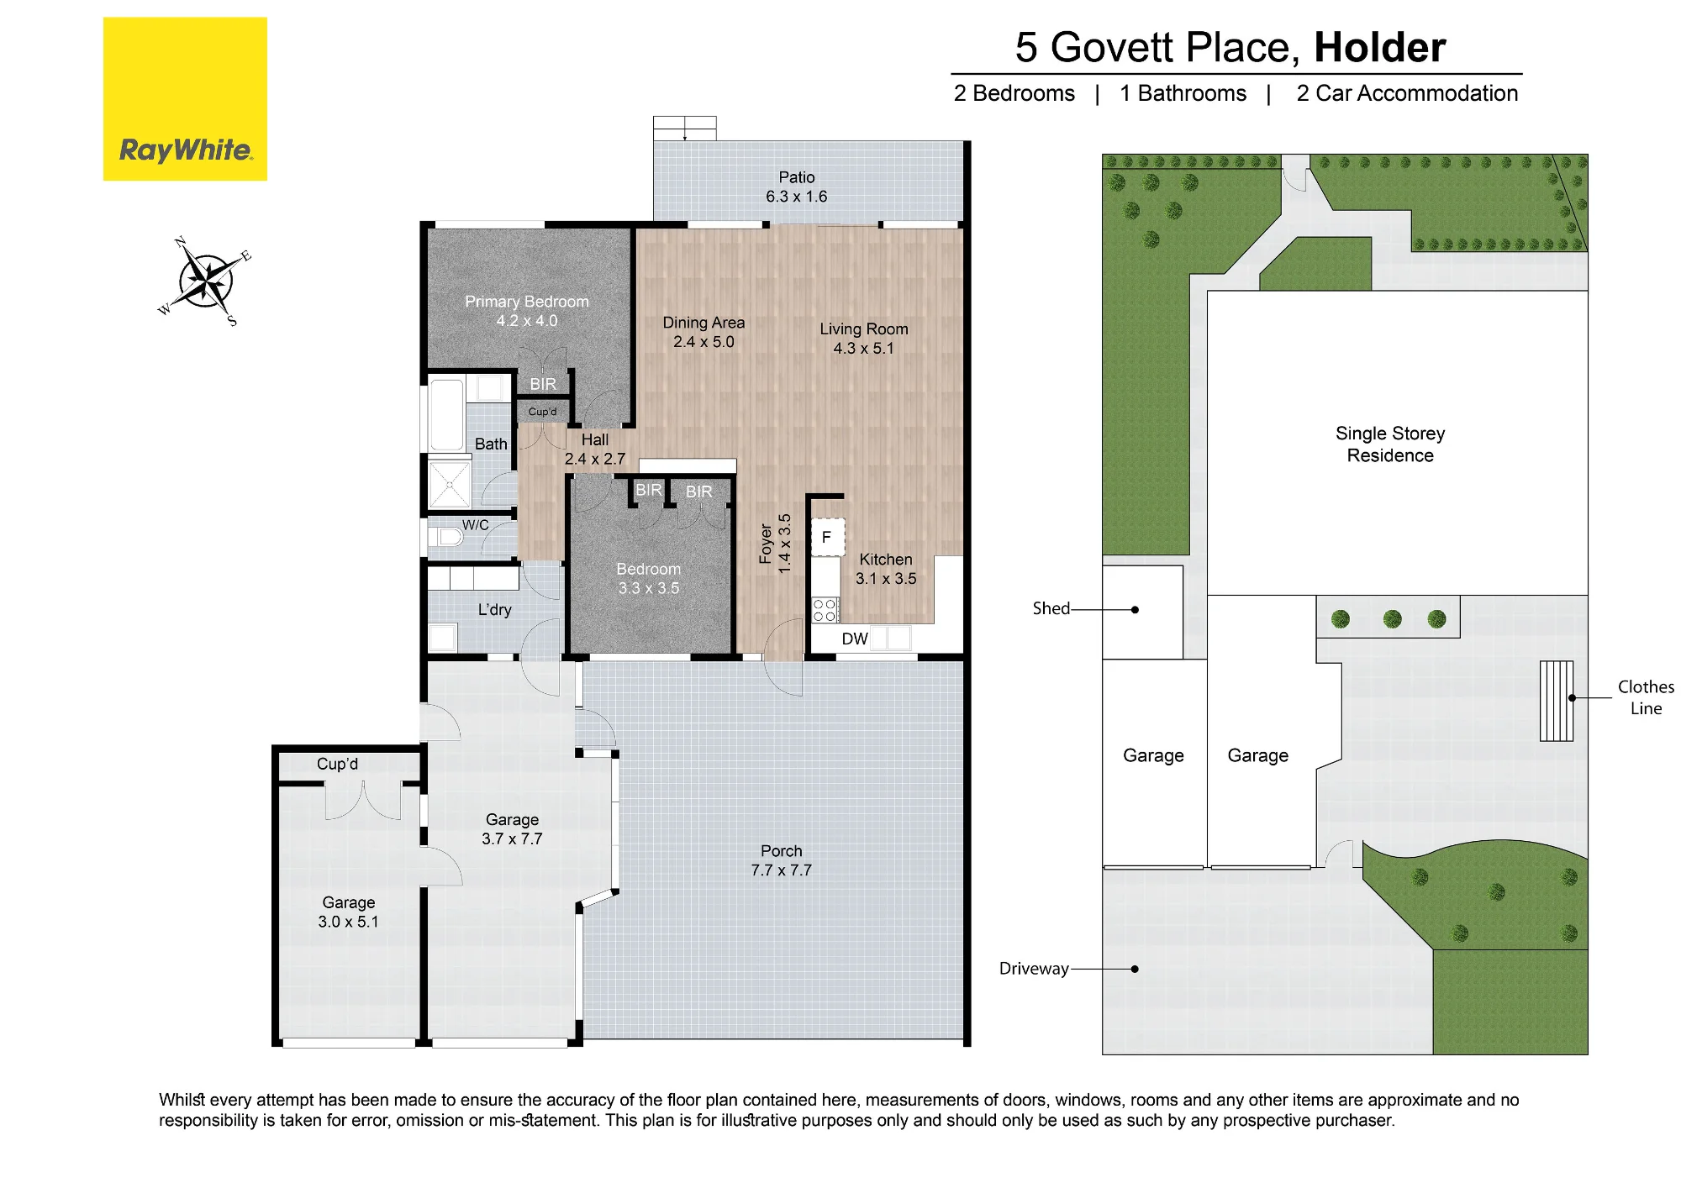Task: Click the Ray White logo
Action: [185, 99]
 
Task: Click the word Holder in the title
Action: [1379, 47]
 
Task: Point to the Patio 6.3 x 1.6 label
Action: [797, 187]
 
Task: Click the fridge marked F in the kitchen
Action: [827, 537]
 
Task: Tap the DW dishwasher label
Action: [855, 639]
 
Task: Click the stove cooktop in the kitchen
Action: [825, 610]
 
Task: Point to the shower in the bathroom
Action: [450, 484]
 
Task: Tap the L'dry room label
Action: [494, 610]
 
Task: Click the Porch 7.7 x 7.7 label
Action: [782, 860]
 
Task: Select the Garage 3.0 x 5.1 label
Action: [349, 912]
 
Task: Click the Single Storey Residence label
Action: [1390, 444]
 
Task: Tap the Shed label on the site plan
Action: [1051, 608]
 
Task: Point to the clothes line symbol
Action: [1557, 701]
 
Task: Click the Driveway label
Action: [1034, 969]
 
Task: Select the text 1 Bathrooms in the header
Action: [1183, 93]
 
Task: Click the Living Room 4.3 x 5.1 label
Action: [864, 339]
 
